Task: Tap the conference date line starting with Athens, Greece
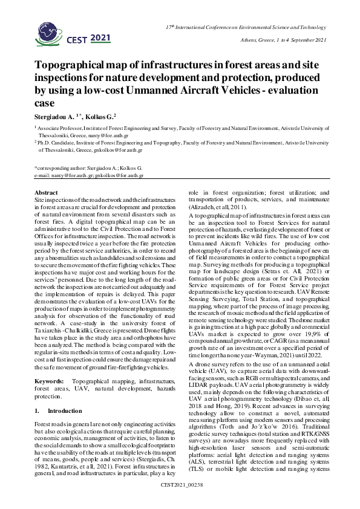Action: tap(275, 40)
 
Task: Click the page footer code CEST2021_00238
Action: tap(180, 501)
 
